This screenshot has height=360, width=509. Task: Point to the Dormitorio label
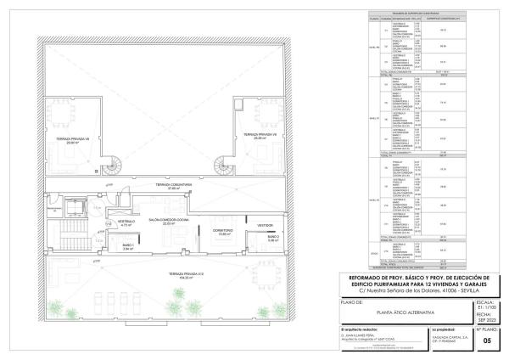point(221,231)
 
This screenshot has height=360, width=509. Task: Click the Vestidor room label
point(264,225)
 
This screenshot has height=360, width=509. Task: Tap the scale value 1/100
point(486,307)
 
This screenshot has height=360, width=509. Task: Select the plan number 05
point(486,341)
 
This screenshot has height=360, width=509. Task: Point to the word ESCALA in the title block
point(486,301)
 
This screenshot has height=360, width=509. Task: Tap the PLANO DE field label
point(352,301)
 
